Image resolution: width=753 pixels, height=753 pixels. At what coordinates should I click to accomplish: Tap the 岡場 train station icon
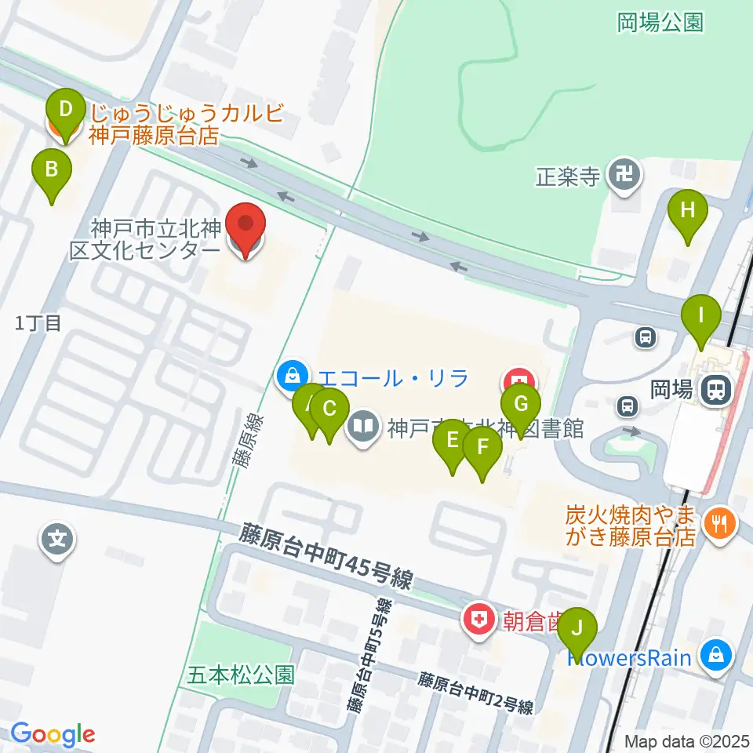click(715, 389)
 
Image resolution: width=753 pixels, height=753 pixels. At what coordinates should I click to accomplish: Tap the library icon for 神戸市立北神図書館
click(362, 427)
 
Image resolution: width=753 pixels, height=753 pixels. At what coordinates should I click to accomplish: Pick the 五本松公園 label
click(242, 674)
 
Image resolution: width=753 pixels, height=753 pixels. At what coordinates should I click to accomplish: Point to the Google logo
click(53, 734)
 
